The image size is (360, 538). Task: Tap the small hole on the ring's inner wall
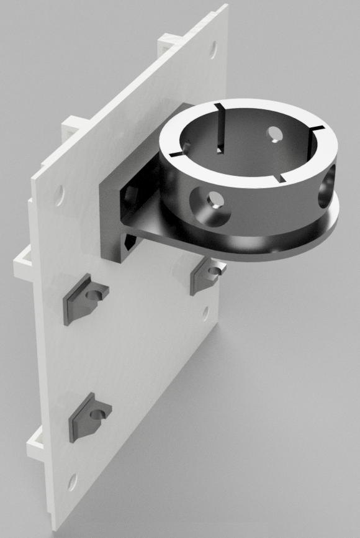[273, 132]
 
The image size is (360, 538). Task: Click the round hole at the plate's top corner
[212, 47]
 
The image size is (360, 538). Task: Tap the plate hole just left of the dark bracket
[60, 195]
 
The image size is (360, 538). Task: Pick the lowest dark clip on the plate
[88, 416]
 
